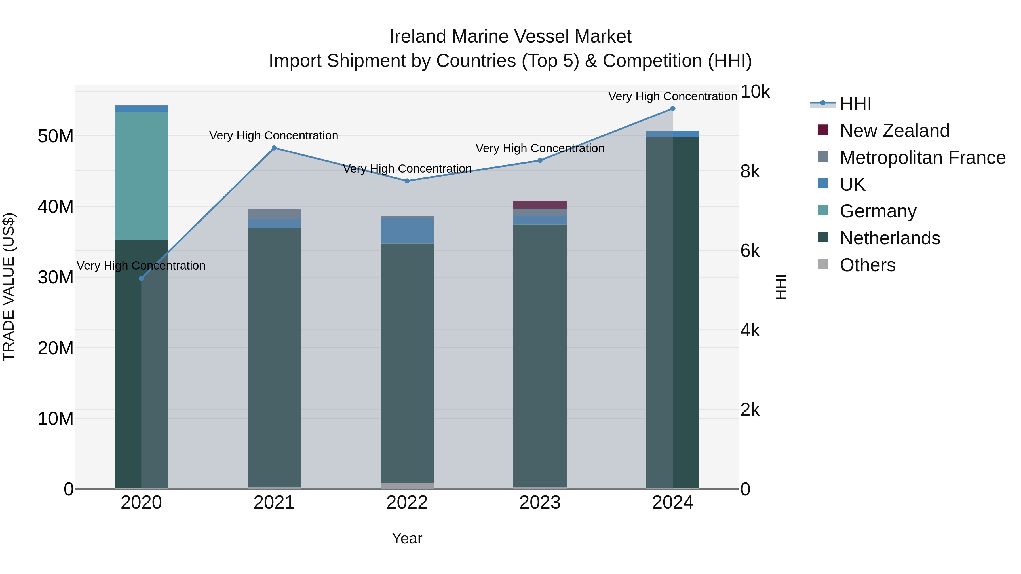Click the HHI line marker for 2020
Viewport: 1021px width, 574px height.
(141, 278)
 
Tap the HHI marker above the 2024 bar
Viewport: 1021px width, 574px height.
(673, 109)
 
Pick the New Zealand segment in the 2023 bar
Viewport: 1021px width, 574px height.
(540, 204)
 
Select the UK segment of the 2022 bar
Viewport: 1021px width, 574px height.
(407, 230)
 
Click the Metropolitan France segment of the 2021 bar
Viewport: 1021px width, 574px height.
(274, 214)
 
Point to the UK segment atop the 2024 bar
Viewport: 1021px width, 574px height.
(673, 134)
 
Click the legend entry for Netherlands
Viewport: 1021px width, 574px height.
(889, 238)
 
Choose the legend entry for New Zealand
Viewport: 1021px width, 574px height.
(894, 131)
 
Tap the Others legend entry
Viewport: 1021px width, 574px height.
(867, 265)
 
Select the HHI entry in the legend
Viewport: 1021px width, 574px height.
(855, 104)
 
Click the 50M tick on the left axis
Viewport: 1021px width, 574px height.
(56, 136)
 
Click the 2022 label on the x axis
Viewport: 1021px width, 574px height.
(407, 503)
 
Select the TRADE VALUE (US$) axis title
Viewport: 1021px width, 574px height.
(9, 287)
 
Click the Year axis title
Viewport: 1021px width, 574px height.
(407, 538)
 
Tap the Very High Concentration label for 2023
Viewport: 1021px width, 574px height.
(540, 148)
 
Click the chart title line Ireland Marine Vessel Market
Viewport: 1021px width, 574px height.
(510, 37)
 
